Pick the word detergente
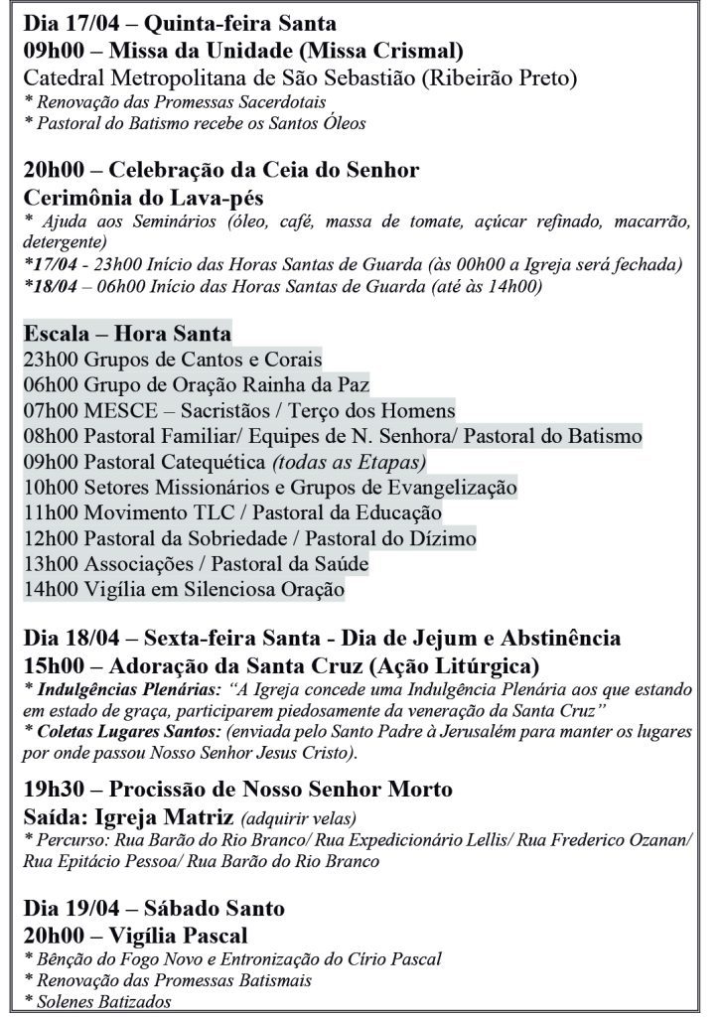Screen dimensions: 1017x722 point(66,241)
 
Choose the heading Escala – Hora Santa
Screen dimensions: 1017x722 point(127,332)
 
